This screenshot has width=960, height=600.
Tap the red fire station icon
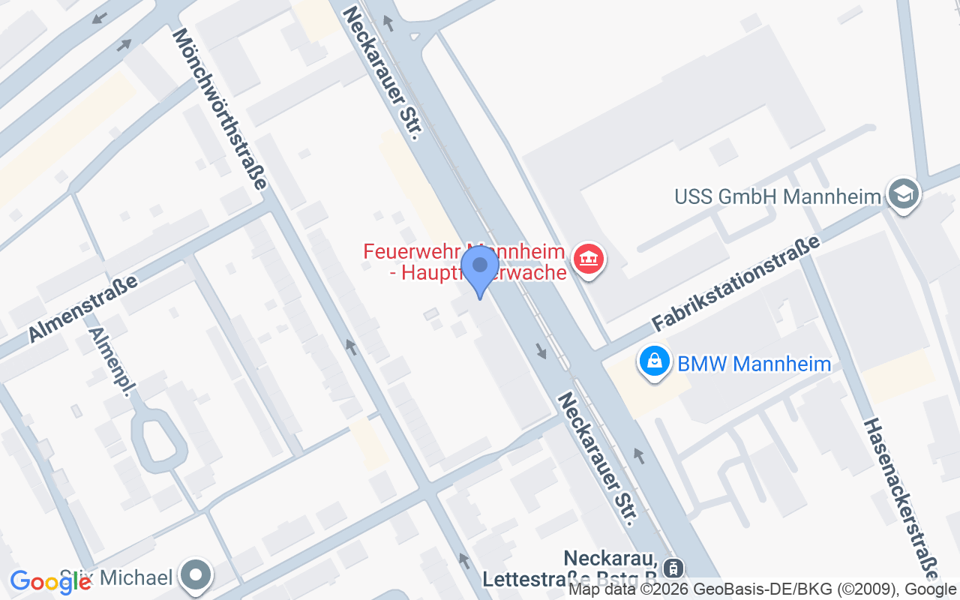(x=589, y=259)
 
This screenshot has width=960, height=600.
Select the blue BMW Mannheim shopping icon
(x=655, y=362)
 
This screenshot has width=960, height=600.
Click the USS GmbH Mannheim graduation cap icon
(x=903, y=194)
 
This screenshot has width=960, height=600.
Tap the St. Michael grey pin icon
(x=196, y=577)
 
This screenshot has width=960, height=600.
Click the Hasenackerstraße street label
(x=901, y=499)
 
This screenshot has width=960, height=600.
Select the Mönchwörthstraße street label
(x=219, y=109)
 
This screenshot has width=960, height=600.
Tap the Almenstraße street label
(x=84, y=309)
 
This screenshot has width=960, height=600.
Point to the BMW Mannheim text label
(x=754, y=364)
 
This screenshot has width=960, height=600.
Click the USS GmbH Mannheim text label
(x=777, y=197)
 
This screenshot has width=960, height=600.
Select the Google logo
(x=50, y=581)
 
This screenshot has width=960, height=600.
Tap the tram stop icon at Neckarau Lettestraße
(x=674, y=567)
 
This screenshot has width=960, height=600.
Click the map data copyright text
(x=762, y=589)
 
